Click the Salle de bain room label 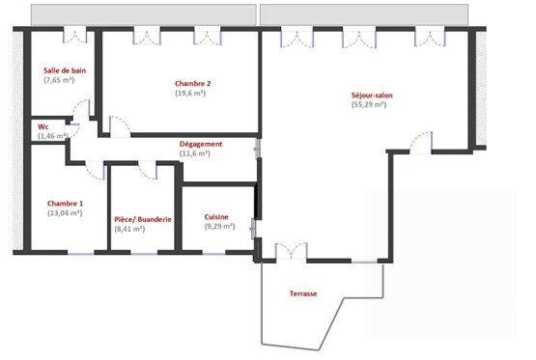[66, 70]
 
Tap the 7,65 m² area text [59, 81]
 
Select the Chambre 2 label [193, 83]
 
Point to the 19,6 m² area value [193, 94]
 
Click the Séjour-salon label [372, 95]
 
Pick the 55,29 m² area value [369, 105]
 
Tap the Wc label [43, 126]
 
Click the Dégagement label [201, 144]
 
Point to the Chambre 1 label [66, 204]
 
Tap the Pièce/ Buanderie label [143, 219]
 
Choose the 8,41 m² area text [129, 230]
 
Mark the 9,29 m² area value [220, 227]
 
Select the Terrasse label [303, 293]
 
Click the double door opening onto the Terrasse [291, 253]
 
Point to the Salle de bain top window [74, 35]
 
